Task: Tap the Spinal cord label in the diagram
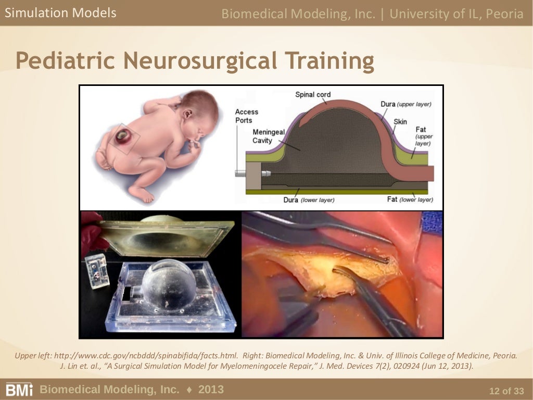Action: pyautogui.click(x=312, y=95)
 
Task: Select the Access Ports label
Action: pyautogui.click(x=246, y=116)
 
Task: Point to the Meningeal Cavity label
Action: pyautogui.click(x=269, y=136)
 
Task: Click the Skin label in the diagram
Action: pyautogui.click(x=400, y=122)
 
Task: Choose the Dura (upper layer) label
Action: pyautogui.click(x=405, y=104)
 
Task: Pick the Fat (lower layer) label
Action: pyautogui.click(x=410, y=199)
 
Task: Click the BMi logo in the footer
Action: pyautogui.click(x=19, y=390)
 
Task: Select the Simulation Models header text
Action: pyautogui.click(x=60, y=13)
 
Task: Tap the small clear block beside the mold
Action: pyautogui.click(x=97, y=270)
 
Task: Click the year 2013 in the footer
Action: pyautogui.click(x=211, y=390)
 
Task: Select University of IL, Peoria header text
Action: pyautogui.click(x=456, y=14)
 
